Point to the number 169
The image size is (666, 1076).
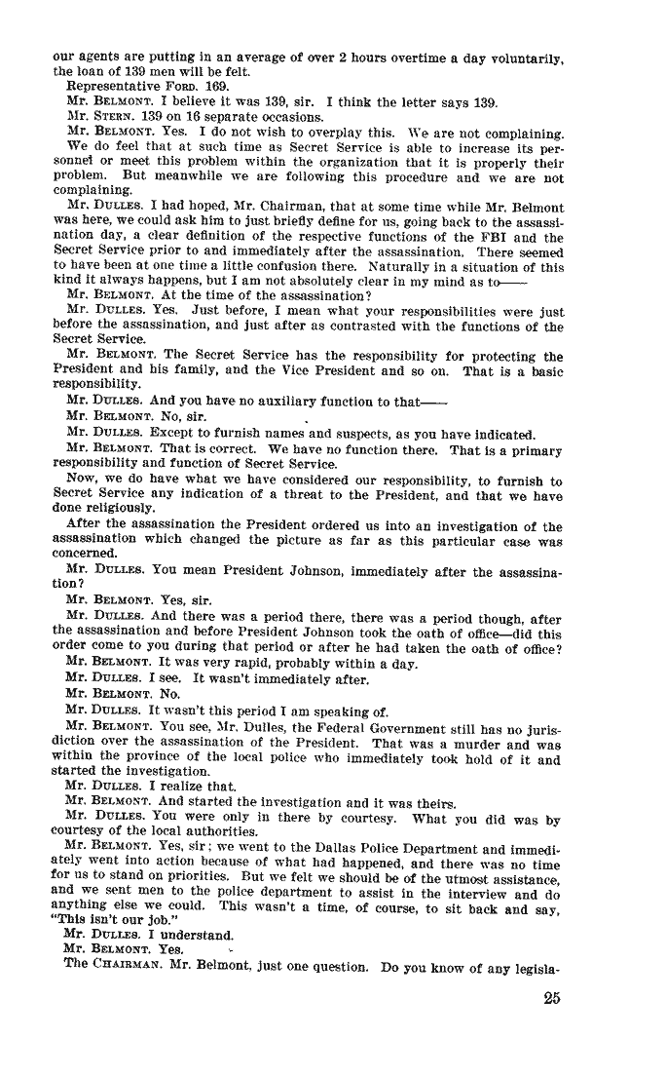[x=199, y=86]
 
